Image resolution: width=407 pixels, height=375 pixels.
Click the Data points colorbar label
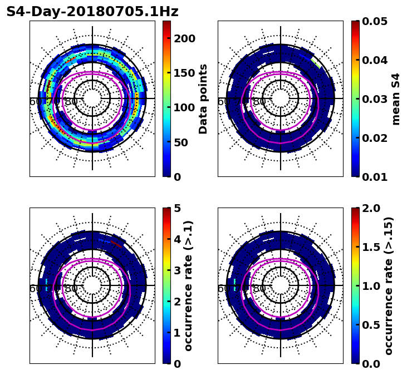[x=203, y=98]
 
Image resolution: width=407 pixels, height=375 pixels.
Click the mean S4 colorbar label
[x=396, y=98]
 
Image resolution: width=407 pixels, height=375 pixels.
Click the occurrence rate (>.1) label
[x=189, y=285]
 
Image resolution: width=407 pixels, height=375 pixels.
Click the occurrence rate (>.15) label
[x=389, y=285]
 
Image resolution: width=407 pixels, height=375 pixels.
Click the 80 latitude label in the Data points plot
[x=71, y=102]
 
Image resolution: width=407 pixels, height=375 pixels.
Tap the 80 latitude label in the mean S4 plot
[x=259, y=102]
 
